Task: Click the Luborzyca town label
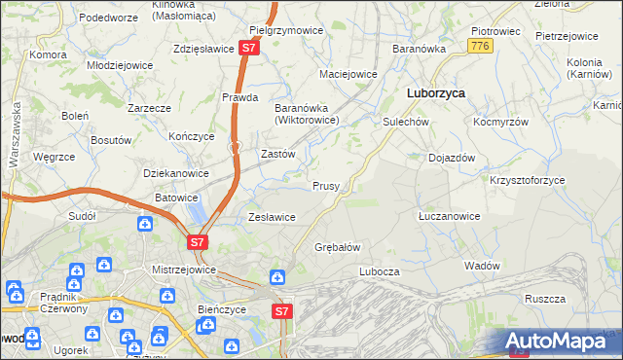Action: (x=434, y=93)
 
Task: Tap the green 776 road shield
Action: (x=478, y=46)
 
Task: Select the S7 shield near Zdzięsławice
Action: (x=250, y=47)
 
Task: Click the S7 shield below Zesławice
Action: (x=197, y=241)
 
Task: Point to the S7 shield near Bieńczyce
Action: (x=281, y=311)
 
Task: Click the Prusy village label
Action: (x=325, y=185)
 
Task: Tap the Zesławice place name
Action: (x=272, y=217)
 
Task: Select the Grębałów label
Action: (x=338, y=247)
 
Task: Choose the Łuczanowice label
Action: (x=448, y=216)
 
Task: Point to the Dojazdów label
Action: (x=452, y=158)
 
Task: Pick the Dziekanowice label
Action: (x=176, y=173)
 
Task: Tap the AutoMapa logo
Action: (x=562, y=342)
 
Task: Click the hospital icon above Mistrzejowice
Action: (x=145, y=225)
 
